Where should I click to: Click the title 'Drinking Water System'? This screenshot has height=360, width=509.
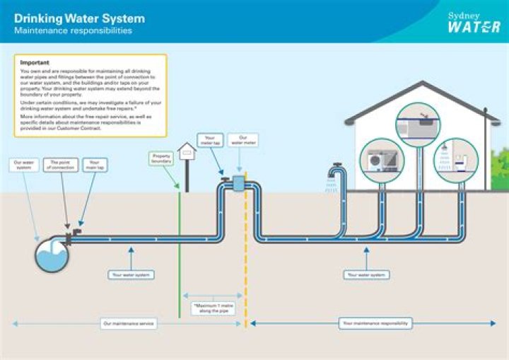(x=79, y=18)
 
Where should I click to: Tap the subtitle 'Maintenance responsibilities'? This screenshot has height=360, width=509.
(x=73, y=31)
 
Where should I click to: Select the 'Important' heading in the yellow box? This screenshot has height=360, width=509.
(x=35, y=63)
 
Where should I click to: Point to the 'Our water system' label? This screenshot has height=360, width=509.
(x=23, y=166)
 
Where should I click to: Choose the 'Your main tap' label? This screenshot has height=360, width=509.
(x=93, y=166)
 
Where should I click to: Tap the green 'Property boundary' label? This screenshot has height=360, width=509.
(x=163, y=159)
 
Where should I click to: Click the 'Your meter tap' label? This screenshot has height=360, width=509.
(x=210, y=141)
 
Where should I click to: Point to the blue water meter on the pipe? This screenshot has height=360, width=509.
(x=238, y=184)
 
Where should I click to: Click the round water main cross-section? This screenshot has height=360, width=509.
(x=52, y=255)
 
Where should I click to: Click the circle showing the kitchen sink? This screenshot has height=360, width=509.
(x=418, y=124)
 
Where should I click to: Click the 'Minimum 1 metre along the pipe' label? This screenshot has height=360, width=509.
(x=212, y=308)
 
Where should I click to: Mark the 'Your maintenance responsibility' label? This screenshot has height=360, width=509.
(x=374, y=323)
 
